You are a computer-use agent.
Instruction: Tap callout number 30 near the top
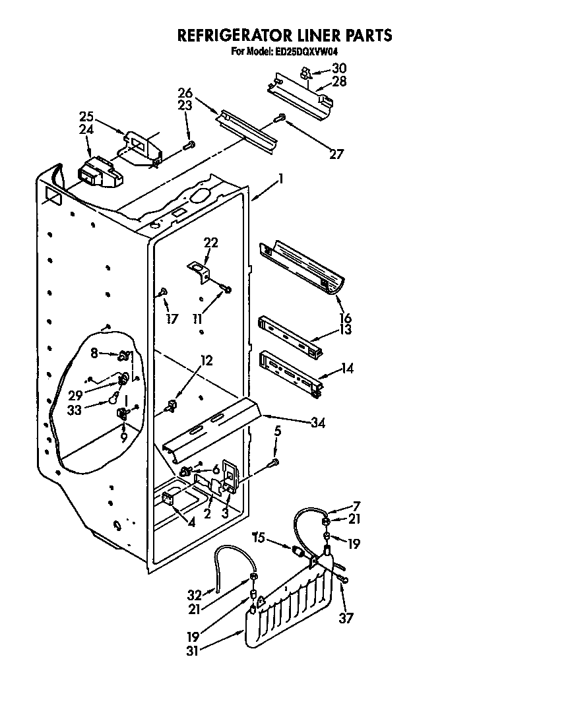pyautogui.click(x=338, y=68)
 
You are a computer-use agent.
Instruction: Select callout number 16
pyautogui.click(x=345, y=319)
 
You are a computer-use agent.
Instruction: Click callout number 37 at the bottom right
pyautogui.click(x=346, y=618)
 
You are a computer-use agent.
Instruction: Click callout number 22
pyautogui.click(x=210, y=243)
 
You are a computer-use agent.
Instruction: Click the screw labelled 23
pyautogui.click(x=190, y=144)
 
